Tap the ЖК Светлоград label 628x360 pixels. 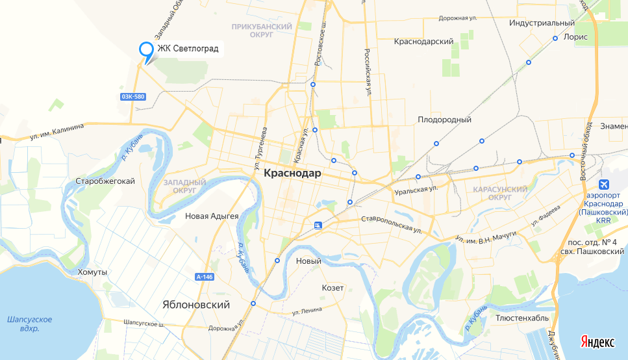(188, 49)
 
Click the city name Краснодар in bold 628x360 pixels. (292, 174)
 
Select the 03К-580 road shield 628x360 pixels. (132, 97)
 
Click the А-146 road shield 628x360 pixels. (204, 277)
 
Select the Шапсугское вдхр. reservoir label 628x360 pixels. (29, 324)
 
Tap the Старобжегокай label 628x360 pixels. (105, 181)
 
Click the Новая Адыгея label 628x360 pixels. (212, 216)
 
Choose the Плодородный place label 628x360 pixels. (444, 120)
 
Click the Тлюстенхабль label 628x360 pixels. (522, 318)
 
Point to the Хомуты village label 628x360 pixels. (92, 272)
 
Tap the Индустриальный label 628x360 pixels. (542, 23)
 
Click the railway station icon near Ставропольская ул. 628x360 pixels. (317, 225)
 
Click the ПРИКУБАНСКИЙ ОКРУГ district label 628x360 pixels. (262, 31)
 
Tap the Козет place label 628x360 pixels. (333, 287)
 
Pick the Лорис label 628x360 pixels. (575, 37)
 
